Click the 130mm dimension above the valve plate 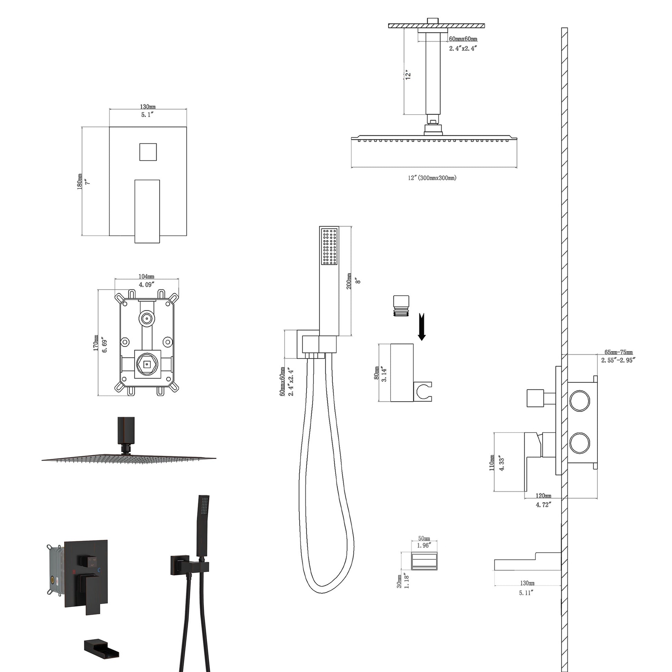(148, 106)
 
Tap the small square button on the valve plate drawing (148, 152)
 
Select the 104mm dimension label (146, 276)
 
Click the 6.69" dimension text (104, 344)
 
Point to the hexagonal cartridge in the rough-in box (147, 365)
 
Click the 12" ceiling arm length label (409, 75)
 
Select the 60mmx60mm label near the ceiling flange (463, 39)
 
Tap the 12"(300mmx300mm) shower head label (432, 178)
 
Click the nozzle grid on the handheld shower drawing (329, 246)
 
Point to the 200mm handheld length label (349, 281)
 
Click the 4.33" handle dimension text (501, 463)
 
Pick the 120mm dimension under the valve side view (543, 496)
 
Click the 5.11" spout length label (526, 593)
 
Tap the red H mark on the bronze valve (74, 572)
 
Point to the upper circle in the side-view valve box (579, 401)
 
